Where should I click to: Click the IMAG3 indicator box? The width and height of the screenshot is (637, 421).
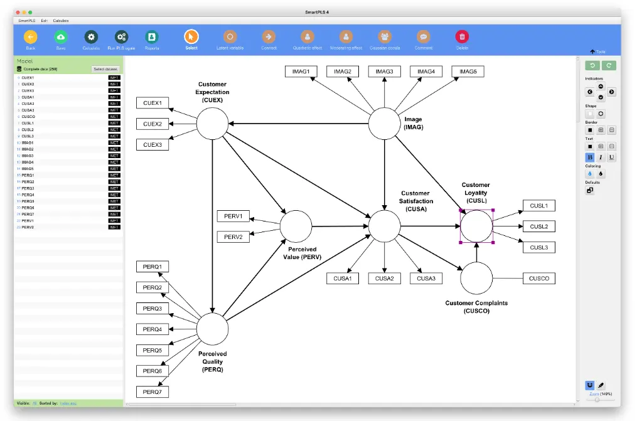pyautogui.click(x=384, y=72)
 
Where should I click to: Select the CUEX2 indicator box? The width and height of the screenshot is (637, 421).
pyautogui.click(x=153, y=124)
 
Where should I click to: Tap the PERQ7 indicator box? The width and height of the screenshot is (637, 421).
pyautogui.click(x=152, y=392)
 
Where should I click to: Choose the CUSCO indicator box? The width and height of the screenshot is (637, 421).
pyautogui.click(x=539, y=279)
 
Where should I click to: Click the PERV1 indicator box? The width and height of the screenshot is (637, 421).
pyautogui.click(x=233, y=216)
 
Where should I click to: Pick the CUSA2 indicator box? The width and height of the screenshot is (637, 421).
pyautogui.click(x=384, y=279)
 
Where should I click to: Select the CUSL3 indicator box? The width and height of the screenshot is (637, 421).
pyautogui.click(x=538, y=247)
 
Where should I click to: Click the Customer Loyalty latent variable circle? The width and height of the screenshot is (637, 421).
pyautogui.click(x=476, y=226)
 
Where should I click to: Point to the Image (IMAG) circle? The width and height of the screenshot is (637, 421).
pyautogui.click(x=383, y=124)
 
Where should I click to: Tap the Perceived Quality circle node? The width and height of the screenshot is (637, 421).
pyautogui.click(x=213, y=329)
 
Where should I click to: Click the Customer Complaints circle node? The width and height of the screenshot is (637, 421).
pyautogui.click(x=476, y=278)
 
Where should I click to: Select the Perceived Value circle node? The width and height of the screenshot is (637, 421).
pyautogui.click(x=296, y=226)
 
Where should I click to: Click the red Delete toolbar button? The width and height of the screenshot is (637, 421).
pyautogui.click(x=462, y=38)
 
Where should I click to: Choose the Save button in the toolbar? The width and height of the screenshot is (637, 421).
pyautogui.click(x=61, y=38)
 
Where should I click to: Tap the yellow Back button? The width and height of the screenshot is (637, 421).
pyautogui.click(x=31, y=38)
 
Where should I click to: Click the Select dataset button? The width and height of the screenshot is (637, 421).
pyautogui.click(x=105, y=69)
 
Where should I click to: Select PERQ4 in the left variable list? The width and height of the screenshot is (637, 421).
pyautogui.click(x=28, y=195)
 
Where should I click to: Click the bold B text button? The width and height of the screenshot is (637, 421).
pyautogui.click(x=590, y=157)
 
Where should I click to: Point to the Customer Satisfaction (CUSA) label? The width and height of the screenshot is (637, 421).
pyautogui.click(x=416, y=201)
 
